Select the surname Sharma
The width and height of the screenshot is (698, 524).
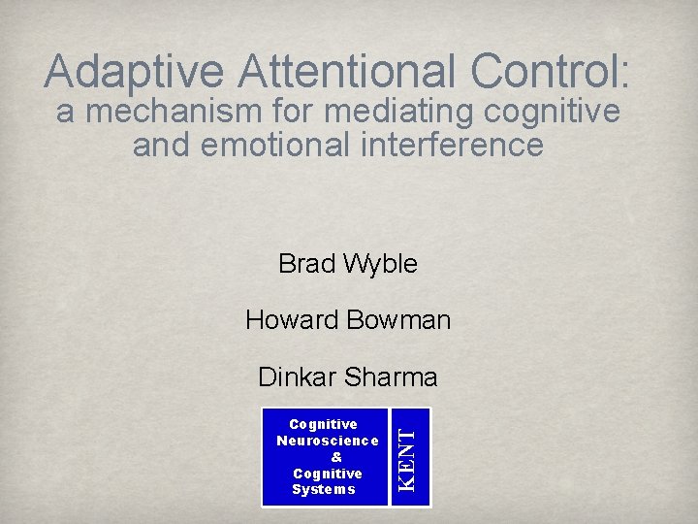pos(391,376)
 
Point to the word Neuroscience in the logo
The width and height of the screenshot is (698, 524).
pos(328,441)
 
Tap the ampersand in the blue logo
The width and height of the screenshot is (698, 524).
pos(336,457)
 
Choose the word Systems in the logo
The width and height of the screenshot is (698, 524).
pos(324,489)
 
